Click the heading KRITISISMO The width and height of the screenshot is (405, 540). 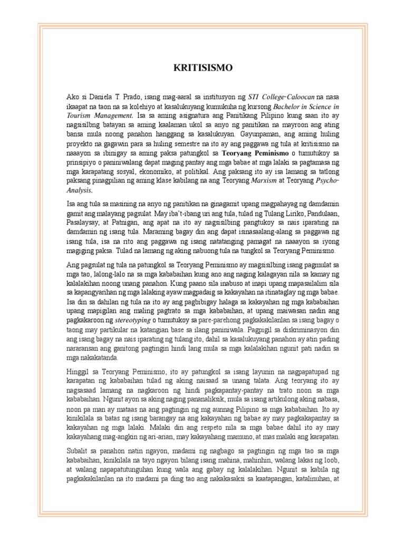pyautogui.click(x=202, y=68)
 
